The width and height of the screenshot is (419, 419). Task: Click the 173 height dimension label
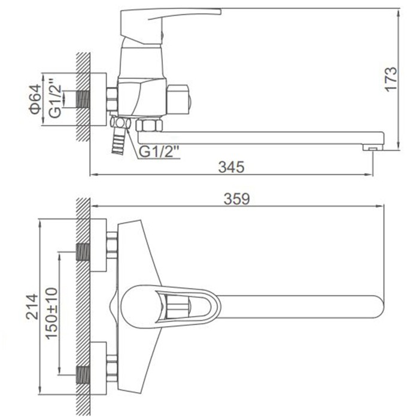tap(391, 79)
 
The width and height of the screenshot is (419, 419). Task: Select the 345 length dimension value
tap(231, 167)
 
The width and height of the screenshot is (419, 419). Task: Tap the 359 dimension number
tap(236, 199)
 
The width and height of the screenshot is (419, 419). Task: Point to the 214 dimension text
tap(32, 306)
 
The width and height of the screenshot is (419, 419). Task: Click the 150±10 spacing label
tap(51, 313)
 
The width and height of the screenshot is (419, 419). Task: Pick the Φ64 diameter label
tap(35, 99)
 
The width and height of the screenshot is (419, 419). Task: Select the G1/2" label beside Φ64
tap(55, 98)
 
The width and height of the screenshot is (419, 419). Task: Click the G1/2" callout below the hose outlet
tap(159, 152)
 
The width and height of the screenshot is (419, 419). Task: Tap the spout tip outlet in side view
tap(373, 147)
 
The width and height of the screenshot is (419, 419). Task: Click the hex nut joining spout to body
tap(149, 125)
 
